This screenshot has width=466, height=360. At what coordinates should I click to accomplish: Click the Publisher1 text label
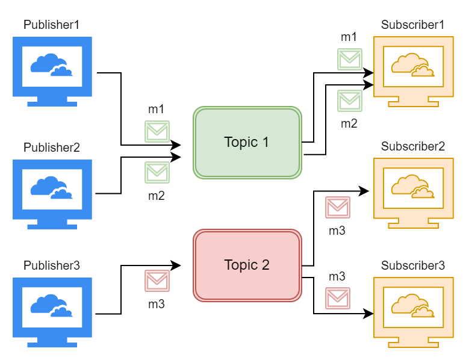click(51, 25)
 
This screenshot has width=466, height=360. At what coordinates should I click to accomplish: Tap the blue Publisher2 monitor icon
click(52, 194)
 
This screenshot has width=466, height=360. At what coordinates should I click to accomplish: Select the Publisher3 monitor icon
click(52, 312)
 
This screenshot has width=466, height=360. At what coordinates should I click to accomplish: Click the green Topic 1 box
click(247, 143)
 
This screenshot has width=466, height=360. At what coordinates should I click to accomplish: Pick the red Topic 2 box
click(247, 265)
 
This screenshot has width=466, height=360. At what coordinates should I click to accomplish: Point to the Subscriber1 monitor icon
click(414, 72)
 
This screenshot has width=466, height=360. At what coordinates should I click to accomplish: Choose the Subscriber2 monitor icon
click(414, 193)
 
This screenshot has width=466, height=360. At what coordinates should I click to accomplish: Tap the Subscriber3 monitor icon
click(414, 312)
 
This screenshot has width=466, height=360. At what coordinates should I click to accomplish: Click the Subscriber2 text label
click(413, 146)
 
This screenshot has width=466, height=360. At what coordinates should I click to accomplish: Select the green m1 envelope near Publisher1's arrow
click(157, 131)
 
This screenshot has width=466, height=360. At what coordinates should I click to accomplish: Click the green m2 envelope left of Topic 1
click(157, 172)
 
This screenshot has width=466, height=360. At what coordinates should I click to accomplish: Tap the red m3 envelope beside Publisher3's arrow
click(157, 281)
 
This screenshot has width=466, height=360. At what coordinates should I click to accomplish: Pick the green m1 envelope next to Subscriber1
click(350, 60)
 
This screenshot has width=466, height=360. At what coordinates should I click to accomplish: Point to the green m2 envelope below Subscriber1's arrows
click(350, 101)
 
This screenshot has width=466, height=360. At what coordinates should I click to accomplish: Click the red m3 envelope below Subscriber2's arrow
click(338, 207)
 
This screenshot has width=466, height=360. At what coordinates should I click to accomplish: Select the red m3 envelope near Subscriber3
click(338, 298)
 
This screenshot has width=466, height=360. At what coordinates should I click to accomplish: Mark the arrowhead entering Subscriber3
click(368, 313)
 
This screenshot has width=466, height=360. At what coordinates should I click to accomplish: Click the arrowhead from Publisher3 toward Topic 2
click(176, 265)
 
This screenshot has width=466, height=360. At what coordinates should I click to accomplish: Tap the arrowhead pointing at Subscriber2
click(364, 191)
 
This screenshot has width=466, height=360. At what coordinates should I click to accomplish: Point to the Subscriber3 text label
click(413, 265)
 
